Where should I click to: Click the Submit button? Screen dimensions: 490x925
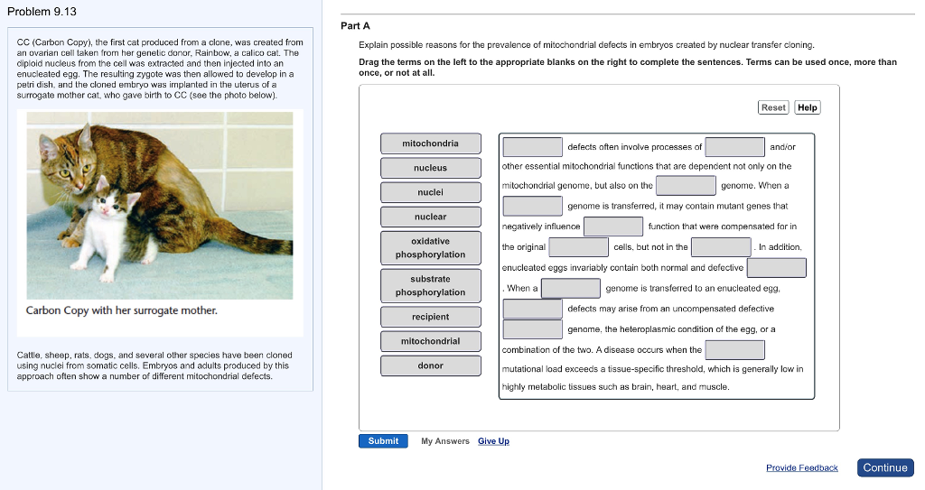pyautogui.click(x=383, y=440)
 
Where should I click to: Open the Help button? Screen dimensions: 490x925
pyautogui.click(x=808, y=107)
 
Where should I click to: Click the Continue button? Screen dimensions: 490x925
pyautogui.click(x=884, y=467)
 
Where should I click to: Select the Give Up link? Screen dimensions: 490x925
pyautogui.click(x=493, y=441)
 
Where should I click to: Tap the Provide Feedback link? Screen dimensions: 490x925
pyautogui.click(x=801, y=467)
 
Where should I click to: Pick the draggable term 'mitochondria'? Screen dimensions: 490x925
pyautogui.click(x=430, y=143)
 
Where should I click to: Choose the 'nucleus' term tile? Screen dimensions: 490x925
pyautogui.click(x=430, y=168)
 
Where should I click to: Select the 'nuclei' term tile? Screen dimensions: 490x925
pyautogui.click(x=430, y=192)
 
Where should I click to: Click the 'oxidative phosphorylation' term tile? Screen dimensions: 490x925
pyautogui.click(x=430, y=248)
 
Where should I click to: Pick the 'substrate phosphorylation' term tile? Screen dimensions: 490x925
pyautogui.click(x=430, y=286)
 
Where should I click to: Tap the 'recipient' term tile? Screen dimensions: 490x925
pyautogui.click(x=430, y=317)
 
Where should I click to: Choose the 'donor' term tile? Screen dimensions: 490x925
pyautogui.click(x=430, y=365)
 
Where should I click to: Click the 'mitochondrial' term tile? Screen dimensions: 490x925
pyautogui.click(x=430, y=341)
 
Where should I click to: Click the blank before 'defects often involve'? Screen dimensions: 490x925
pyautogui.click(x=533, y=146)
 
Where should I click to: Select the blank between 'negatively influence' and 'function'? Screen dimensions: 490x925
pyautogui.click(x=613, y=226)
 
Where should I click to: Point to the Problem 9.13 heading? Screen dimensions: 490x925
pyautogui.click(x=42, y=12)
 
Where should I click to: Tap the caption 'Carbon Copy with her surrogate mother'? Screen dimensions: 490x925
pyautogui.click(x=121, y=310)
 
